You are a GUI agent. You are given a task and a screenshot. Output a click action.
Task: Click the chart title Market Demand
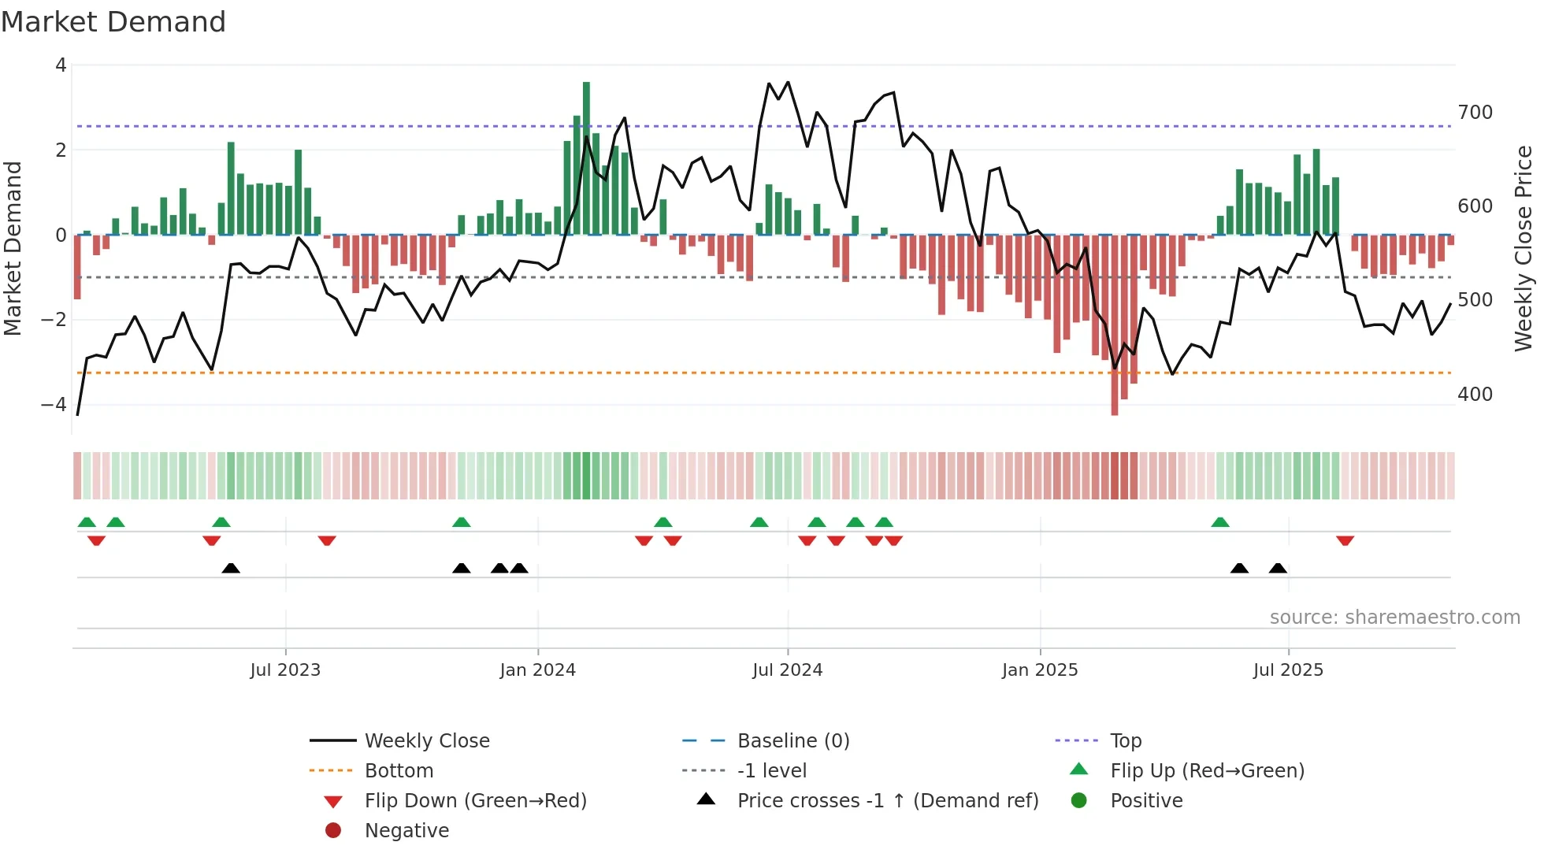[x=113, y=22]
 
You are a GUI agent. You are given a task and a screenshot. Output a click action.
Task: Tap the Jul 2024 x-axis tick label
[x=787, y=670]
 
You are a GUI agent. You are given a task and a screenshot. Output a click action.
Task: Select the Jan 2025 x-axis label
[x=1039, y=670]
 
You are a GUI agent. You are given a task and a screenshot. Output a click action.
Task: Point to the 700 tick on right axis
[x=1475, y=113]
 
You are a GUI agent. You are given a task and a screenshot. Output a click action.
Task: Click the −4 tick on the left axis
[x=54, y=404]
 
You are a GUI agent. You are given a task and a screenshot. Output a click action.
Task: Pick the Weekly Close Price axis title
[x=1524, y=248]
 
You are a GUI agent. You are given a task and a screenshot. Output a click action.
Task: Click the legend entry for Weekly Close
[x=426, y=741]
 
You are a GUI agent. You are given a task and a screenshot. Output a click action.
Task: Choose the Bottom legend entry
[x=399, y=771]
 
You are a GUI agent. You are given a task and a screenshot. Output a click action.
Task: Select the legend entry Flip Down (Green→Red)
[x=475, y=801]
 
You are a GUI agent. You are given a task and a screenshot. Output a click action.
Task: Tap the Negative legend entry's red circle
[x=333, y=830]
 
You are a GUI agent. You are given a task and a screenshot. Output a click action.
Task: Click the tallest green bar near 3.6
[x=586, y=158]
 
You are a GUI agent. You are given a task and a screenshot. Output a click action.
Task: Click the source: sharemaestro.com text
[x=1394, y=618]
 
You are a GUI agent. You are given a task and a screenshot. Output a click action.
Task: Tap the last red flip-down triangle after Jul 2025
[x=1345, y=540]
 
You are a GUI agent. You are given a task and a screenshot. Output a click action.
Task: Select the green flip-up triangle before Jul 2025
[x=1219, y=522]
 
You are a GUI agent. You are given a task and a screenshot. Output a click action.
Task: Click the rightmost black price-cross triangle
[x=1278, y=568]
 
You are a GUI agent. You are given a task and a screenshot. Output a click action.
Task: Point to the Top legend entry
[x=1125, y=741]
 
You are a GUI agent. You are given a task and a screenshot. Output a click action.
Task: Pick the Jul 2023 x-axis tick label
[x=285, y=670]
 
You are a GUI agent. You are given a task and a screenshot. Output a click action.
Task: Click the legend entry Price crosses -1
[x=887, y=801]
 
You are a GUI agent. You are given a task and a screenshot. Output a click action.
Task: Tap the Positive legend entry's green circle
[x=1079, y=800]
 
